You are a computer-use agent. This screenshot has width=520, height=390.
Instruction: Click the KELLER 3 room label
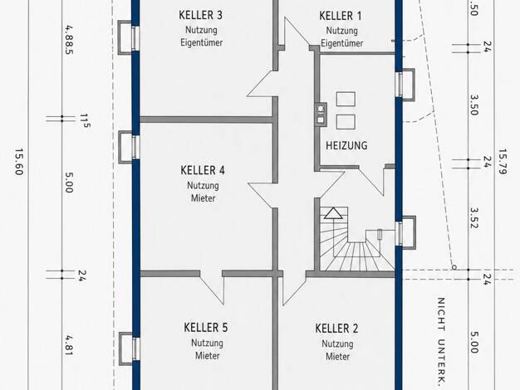[x=201, y=15]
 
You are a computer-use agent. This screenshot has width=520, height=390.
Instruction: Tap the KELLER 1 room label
[x=341, y=16]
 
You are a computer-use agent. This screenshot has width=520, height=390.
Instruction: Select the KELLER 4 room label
[x=203, y=170]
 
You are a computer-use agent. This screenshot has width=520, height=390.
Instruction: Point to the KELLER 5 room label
[x=206, y=328]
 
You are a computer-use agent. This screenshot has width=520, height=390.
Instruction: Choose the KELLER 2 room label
[x=336, y=329]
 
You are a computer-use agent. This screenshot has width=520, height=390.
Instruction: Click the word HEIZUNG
[x=346, y=145]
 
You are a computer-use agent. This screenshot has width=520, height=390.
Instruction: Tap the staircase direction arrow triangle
[x=333, y=213]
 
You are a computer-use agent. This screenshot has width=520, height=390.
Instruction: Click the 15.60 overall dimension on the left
[x=18, y=162]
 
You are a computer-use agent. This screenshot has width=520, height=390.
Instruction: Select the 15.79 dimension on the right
[x=503, y=161]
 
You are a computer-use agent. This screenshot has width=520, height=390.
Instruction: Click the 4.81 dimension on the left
[x=69, y=345]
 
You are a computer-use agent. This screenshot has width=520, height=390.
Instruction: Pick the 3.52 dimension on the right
[x=474, y=218]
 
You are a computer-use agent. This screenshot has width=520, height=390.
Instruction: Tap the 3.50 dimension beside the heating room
[x=474, y=105]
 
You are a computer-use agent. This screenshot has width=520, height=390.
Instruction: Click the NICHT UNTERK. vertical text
[x=441, y=341]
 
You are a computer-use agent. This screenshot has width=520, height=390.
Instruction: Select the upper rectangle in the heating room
[x=346, y=99]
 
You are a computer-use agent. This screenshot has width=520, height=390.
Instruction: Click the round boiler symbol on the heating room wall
[x=321, y=109]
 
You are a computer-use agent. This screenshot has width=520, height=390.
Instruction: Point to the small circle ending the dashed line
[x=454, y=267]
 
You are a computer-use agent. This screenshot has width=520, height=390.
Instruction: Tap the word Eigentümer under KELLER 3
[x=201, y=43]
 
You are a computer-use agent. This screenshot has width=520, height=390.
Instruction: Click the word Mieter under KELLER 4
[x=203, y=198]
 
